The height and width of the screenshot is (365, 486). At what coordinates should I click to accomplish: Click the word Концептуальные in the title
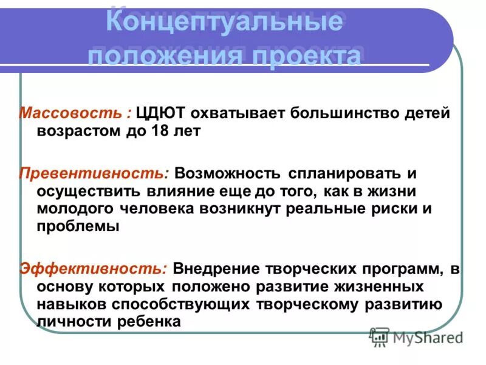point(224,24)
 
